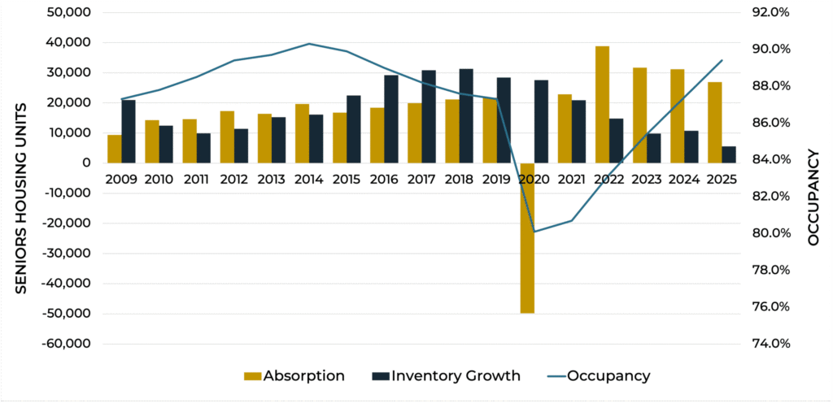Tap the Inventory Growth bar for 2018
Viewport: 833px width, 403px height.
(466, 115)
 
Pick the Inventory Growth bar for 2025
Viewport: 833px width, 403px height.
(729, 154)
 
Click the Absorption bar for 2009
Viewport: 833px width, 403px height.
(114, 149)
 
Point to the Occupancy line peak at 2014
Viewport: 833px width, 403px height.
(309, 44)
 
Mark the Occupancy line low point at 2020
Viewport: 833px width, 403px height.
(534, 232)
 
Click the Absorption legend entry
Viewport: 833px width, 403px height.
(294, 375)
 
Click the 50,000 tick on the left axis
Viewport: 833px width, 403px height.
(68, 13)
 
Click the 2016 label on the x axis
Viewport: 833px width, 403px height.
(384, 178)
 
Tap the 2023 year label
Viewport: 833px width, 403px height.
(648, 178)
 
